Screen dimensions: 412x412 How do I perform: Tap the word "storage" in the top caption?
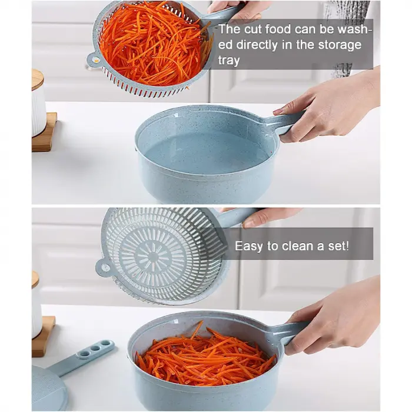coord(340,45)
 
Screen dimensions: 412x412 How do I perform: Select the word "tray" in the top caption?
coord(228,61)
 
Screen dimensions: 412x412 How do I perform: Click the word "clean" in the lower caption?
coord(297,246)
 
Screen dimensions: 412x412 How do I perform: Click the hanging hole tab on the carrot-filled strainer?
coord(94,59)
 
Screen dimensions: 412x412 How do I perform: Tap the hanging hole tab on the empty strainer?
coord(103,267)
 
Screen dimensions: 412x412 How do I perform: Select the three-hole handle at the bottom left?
coord(82,357)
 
